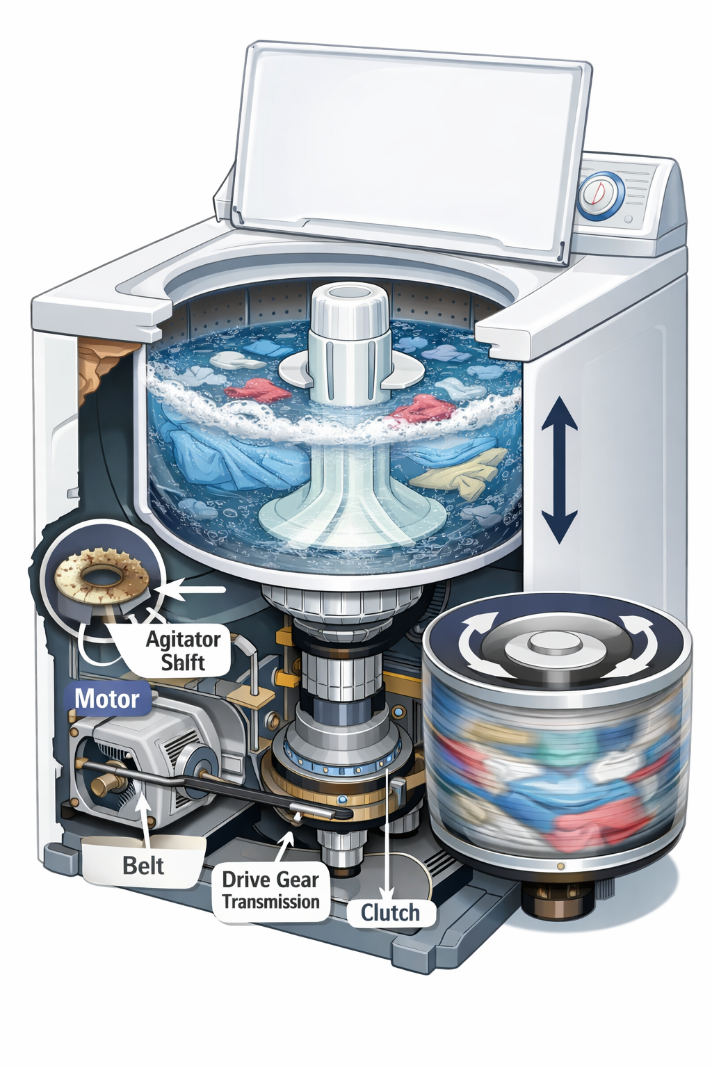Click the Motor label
click(x=107, y=699)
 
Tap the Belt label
click(x=143, y=866)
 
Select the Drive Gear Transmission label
click(x=270, y=891)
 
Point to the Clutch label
click(x=390, y=912)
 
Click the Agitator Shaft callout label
click(x=183, y=651)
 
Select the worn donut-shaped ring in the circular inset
click(x=102, y=576)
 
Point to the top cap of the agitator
click(x=343, y=307)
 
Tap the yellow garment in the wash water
click(x=462, y=474)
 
